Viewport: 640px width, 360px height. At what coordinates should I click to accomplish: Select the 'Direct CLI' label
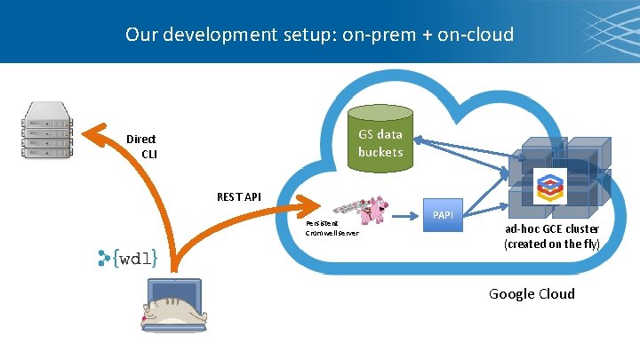point(141,146)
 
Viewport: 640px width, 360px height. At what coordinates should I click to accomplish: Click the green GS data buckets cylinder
point(380,140)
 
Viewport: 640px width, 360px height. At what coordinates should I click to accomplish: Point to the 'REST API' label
point(239,196)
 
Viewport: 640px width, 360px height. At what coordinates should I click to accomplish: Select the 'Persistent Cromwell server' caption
point(332,228)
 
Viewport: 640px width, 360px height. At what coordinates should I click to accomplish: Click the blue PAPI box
point(442,215)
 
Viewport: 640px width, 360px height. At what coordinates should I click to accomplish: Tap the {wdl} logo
point(129,258)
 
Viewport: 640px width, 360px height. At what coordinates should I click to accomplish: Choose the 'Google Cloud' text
point(532,294)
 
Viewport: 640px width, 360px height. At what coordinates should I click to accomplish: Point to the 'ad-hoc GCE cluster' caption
point(552,228)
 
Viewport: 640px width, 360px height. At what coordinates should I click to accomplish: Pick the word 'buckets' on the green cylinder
point(380,152)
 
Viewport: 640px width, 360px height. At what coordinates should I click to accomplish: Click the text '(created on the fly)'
point(552,243)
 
